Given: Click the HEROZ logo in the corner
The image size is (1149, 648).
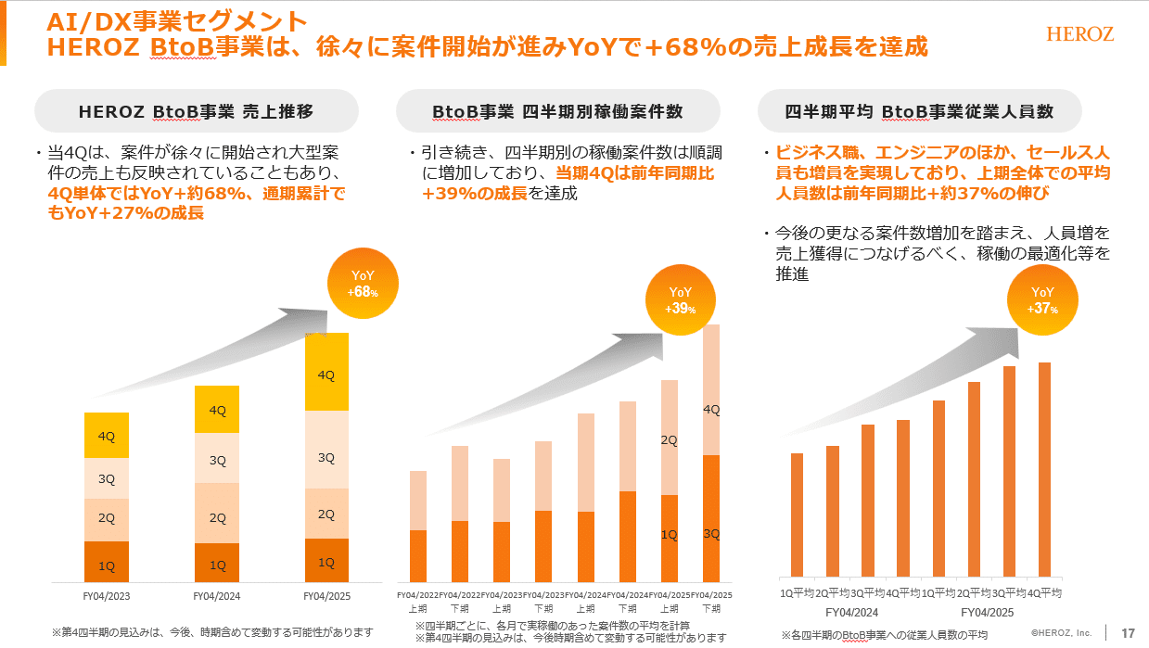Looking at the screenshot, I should point(1079,34).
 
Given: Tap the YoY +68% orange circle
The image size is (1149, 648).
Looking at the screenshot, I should point(363,284).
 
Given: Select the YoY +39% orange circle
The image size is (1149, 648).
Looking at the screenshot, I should point(682,299).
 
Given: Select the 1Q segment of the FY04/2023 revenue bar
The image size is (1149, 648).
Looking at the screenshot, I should point(107,562).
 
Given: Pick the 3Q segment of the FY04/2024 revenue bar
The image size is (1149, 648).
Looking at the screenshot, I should point(217,458).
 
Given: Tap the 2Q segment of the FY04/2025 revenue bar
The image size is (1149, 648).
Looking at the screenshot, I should point(326,514).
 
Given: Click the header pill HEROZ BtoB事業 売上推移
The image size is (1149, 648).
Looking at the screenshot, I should point(197,111).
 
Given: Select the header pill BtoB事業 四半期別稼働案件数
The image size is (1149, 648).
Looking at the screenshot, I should point(557,111).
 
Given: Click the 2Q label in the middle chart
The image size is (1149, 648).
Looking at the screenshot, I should point(669,439).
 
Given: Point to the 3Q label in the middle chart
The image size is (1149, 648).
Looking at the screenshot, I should point(711,534).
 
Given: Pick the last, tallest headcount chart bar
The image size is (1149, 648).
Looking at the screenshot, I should point(1044,470).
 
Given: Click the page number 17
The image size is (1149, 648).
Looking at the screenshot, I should point(1128,632).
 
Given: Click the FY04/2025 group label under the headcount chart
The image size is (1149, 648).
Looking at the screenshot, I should point(987,612).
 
